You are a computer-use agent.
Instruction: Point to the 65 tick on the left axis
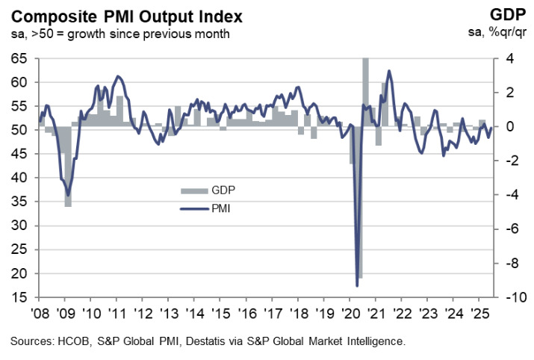[21, 58]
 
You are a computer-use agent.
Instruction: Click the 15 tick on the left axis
[21, 298]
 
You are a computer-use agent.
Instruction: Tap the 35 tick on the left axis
[21, 202]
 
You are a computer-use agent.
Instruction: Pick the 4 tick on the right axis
[508, 58]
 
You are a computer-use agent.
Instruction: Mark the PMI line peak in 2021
[388, 71]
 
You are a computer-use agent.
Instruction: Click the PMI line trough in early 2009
[68, 194]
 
